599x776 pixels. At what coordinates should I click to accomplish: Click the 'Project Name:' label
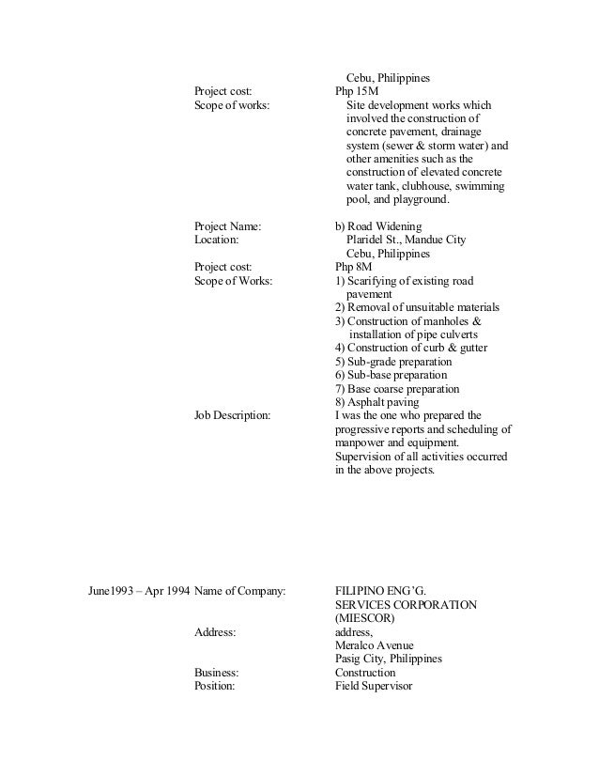[227, 226]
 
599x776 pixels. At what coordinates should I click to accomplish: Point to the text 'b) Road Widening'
[378, 226]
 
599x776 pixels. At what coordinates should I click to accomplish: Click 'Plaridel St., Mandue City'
[406, 241]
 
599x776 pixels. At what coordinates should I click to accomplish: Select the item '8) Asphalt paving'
[378, 401]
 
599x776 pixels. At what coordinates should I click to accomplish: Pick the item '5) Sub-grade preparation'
[393, 362]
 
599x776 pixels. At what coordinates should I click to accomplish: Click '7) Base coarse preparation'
[397, 388]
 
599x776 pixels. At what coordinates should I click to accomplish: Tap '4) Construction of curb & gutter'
[410, 348]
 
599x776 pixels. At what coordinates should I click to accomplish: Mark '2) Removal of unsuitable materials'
[417, 307]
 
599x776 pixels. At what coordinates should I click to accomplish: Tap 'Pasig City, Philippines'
[389, 659]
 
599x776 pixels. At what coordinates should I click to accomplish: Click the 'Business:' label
[216, 673]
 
